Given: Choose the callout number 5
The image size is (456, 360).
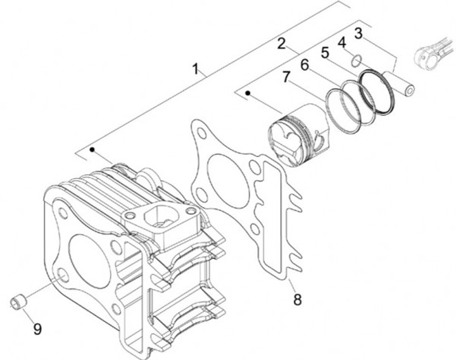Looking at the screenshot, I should click(324, 53).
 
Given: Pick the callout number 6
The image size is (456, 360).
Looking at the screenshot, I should click(305, 64).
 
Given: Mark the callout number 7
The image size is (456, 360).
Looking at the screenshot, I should click(286, 77).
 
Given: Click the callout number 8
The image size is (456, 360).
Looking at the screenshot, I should click(297, 299).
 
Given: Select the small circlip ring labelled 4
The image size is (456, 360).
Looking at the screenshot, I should click(357, 60).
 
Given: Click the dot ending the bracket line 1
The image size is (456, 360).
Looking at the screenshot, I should click(92, 150).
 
